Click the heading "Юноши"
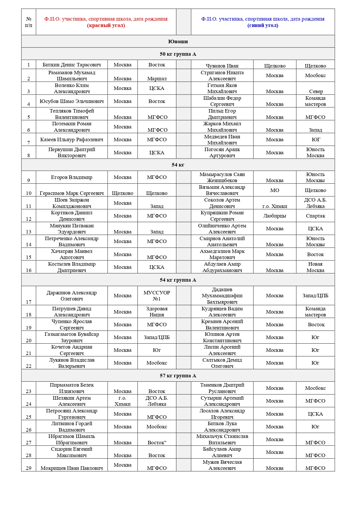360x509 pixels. [x=178, y=41]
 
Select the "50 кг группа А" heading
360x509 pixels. [x=178, y=54]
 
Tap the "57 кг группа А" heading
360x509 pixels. [x=178, y=376]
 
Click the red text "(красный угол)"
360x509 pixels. [x=106, y=25]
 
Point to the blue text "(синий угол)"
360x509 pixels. [x=263, y=25]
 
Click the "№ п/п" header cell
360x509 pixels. [x=28, y=22]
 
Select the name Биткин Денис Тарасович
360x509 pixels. [x=72, y=65]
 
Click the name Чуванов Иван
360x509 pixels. [x=222, y=66]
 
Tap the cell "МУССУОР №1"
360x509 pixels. [x=157, y=296]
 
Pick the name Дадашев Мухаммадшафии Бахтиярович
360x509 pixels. [x=222, y=296]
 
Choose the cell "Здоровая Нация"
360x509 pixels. [x=157, y=312]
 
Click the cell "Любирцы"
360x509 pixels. [x=274, y=216]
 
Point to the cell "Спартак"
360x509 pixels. [x=315, y=216]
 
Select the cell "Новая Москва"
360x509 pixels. [x=315, y=267]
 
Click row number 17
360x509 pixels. [x=28, y=302]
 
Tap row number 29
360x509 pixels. [x=28, y=468]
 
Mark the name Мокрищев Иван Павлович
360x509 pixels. [x=72, y=468]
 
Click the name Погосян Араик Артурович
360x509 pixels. [x=222, y=153]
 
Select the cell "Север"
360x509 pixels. [x=316, y=91]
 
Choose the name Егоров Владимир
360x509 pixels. [x=72, y=177]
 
